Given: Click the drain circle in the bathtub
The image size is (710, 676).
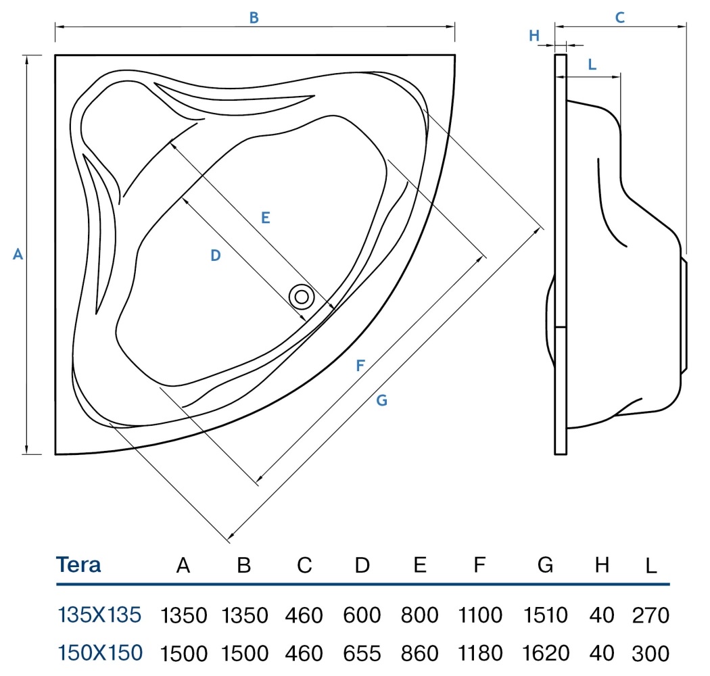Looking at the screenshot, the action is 302,297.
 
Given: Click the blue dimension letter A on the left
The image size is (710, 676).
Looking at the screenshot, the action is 18,254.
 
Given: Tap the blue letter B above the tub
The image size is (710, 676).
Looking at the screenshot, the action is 254,18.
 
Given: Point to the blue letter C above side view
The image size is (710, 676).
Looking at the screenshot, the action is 620,18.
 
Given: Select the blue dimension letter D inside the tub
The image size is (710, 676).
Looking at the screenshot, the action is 216,256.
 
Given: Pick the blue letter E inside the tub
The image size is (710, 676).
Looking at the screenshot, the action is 266,218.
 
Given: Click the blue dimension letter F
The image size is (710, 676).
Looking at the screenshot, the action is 360,366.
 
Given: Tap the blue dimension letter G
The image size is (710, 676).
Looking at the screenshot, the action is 382,400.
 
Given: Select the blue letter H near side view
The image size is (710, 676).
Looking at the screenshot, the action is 534,35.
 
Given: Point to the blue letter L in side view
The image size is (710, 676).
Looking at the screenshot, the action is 592,65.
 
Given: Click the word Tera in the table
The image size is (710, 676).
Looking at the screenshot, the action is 78,564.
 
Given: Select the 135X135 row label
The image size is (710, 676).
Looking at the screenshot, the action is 99,615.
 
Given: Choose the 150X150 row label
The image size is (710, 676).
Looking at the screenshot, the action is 100,652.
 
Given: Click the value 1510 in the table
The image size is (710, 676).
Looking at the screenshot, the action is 545,615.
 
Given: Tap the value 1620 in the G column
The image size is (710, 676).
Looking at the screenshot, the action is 546,653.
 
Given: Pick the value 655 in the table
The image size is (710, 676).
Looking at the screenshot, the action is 362,653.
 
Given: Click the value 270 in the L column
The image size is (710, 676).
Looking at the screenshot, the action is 650,615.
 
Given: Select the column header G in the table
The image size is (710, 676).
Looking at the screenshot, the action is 545,565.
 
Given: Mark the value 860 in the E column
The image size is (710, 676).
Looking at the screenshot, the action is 420,653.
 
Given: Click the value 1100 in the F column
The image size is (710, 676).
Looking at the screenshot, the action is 480,615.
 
